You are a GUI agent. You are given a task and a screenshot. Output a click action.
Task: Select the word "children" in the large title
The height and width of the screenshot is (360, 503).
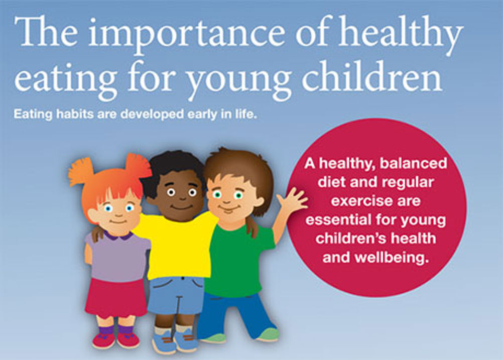click(372, 75)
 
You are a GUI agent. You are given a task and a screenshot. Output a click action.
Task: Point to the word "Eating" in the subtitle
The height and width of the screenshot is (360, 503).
click(33, 114)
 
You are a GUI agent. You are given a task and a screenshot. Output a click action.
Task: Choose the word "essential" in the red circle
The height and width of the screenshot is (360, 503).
click(339, 220)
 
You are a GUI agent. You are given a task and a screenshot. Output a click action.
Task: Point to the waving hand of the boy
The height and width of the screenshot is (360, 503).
click(293, 199)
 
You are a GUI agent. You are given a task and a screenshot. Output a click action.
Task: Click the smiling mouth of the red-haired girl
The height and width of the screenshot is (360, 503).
click(118, 221)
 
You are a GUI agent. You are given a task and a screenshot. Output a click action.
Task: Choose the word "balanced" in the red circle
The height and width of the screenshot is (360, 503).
click(414, 163)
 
